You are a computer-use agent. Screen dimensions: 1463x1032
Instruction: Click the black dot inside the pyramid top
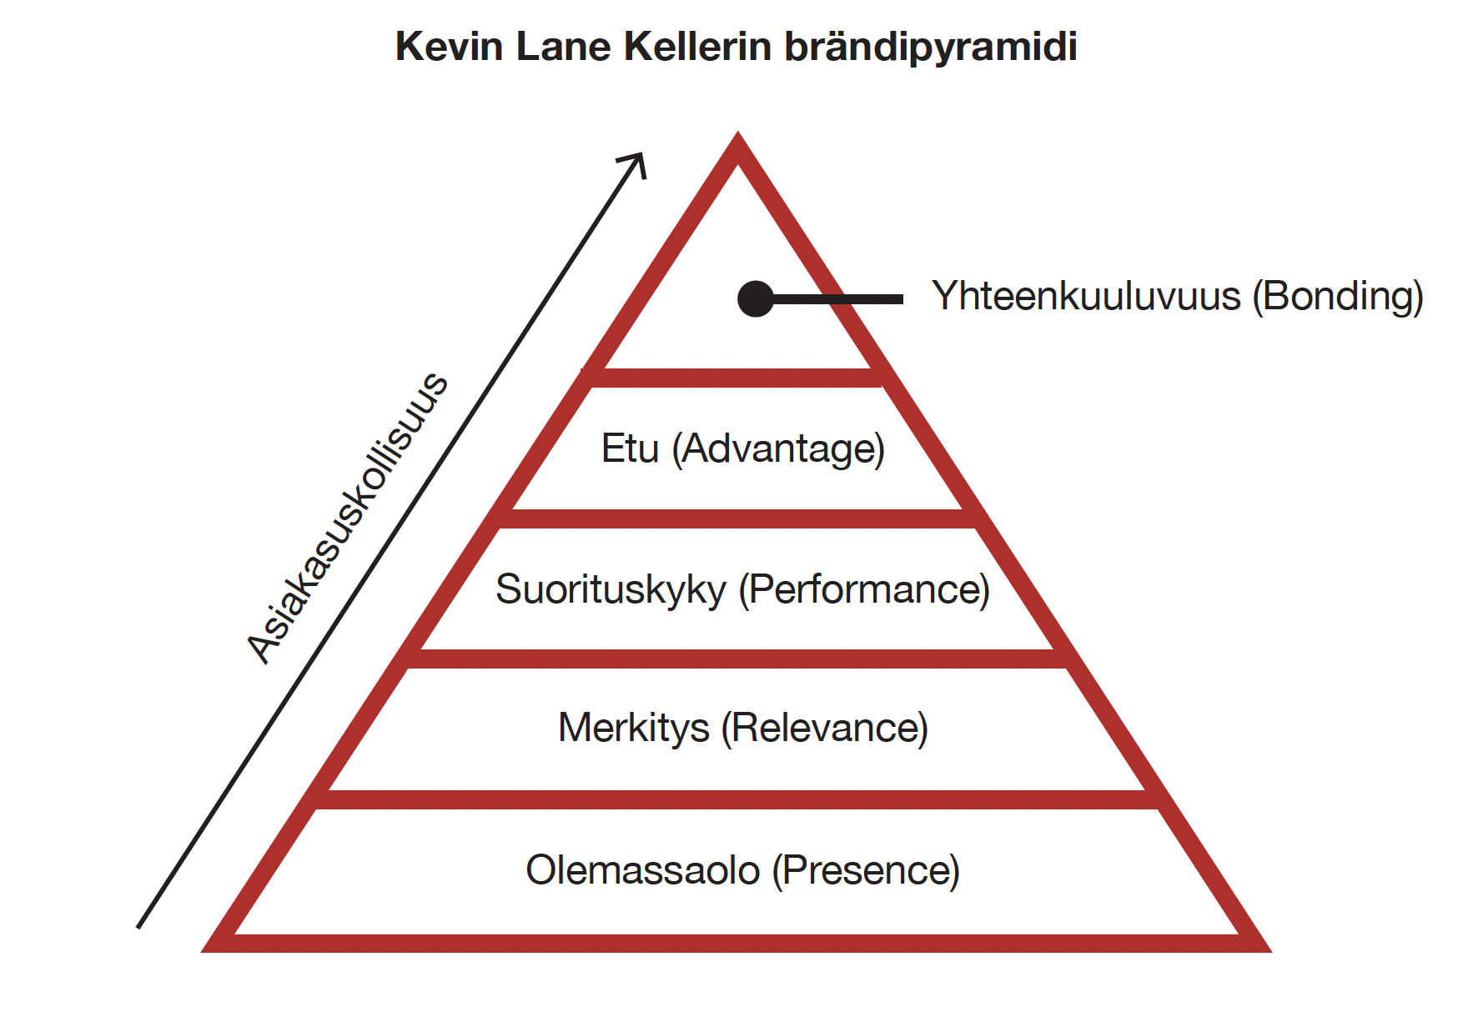[756, 298]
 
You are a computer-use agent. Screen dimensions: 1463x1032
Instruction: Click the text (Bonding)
[1337, 297]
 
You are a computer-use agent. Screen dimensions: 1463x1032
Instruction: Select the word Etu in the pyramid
[630, 448]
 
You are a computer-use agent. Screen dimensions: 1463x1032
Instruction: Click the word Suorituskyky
[611, 590]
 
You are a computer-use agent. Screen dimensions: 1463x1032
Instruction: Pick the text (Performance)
[864, 590]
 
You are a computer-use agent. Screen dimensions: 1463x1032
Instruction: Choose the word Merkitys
[634, 728]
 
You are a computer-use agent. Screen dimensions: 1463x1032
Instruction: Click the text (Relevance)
[824, 728]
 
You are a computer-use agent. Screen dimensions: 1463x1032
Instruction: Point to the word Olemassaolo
[642, 870]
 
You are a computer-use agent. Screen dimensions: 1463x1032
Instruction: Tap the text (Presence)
[866, 871]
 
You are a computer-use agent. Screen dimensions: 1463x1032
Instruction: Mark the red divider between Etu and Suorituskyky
[737, 519]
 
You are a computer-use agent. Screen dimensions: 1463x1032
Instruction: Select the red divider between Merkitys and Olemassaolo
[737, 799]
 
